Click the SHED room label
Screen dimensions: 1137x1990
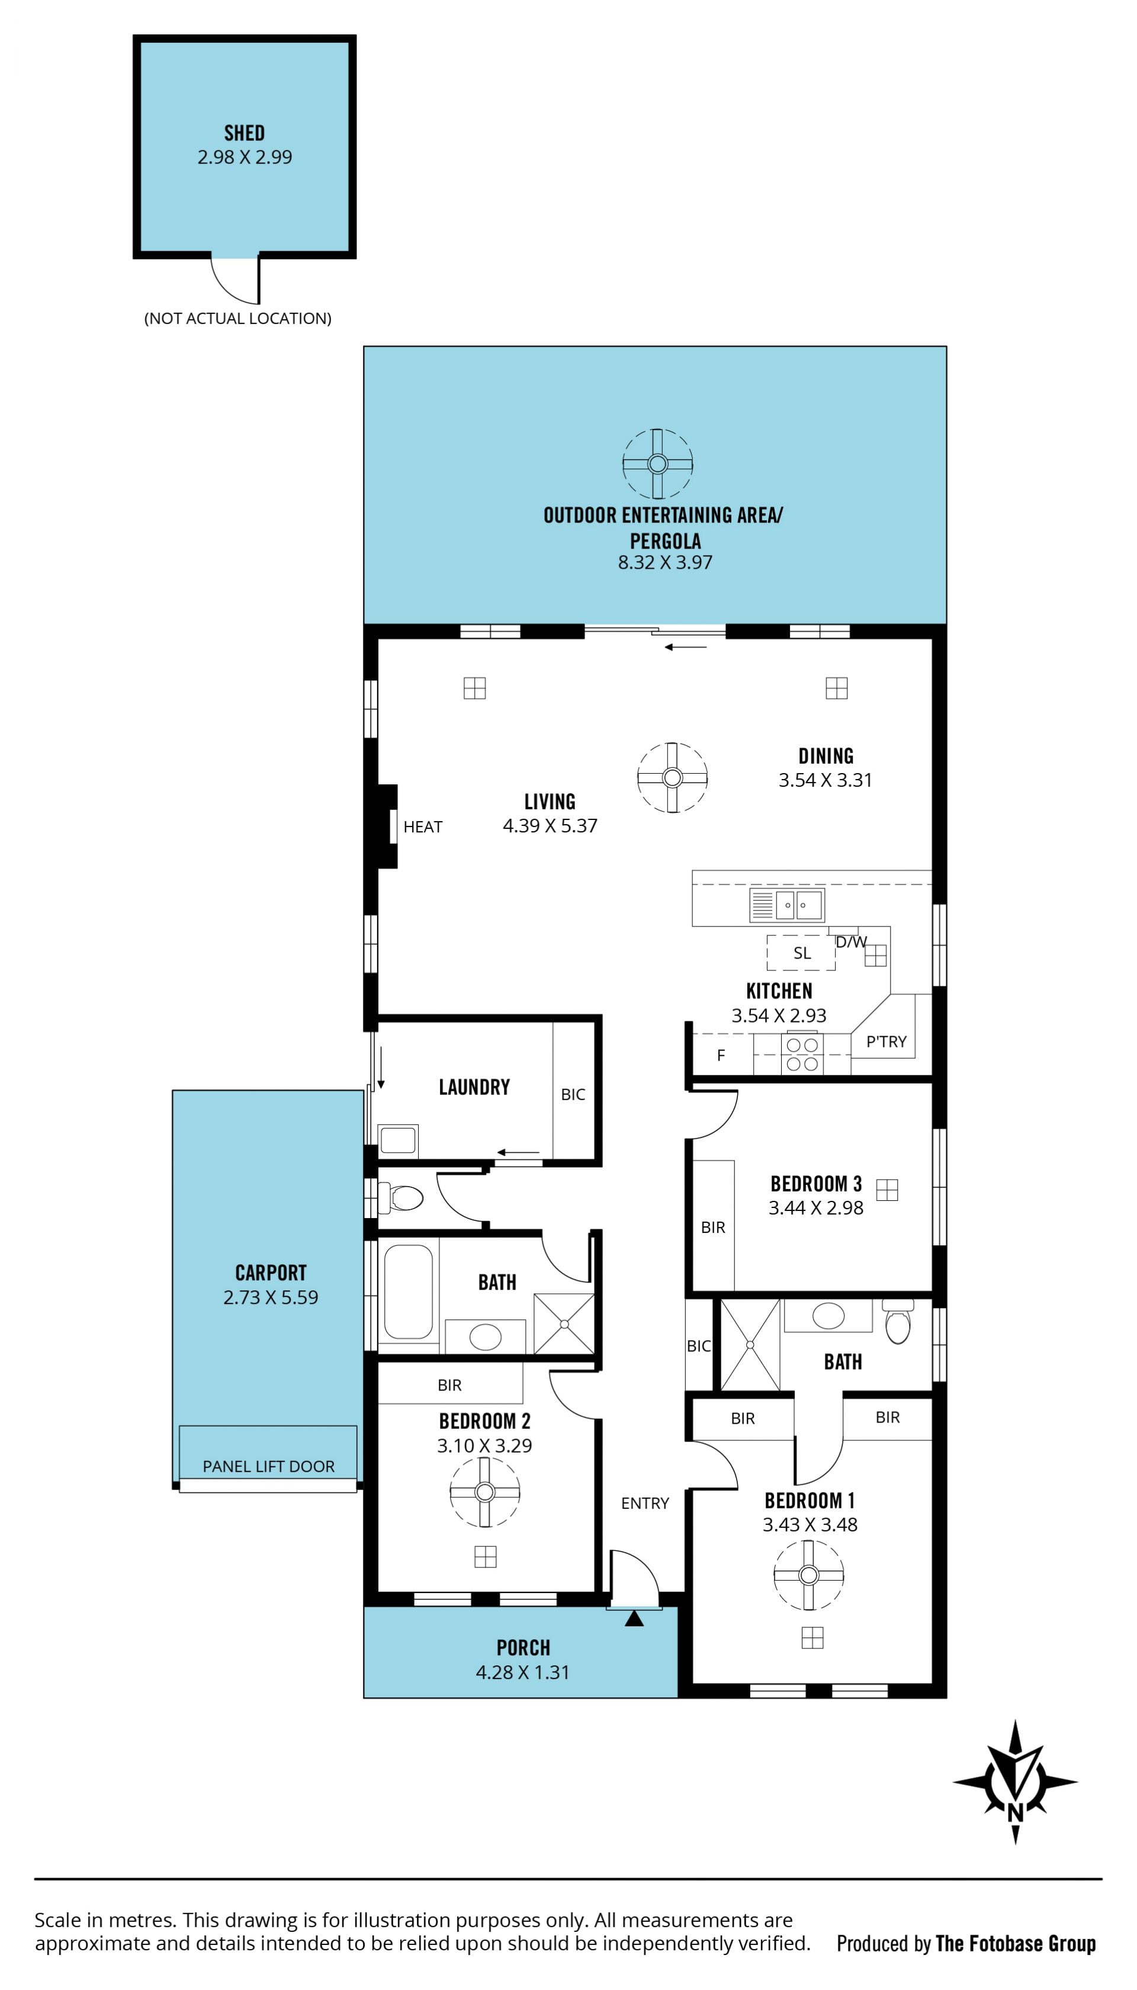(x=245, y=133)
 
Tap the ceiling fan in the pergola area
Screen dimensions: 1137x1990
(x=657, y=464)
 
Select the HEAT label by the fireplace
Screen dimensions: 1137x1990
(x=422, y=826)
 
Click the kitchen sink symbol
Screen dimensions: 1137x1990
(x=786, y=905)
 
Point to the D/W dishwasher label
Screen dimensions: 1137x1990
(x=850, y=942)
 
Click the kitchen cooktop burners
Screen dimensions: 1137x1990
(x=802, y=1053)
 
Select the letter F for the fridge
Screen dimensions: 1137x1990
(x=721, y=1055)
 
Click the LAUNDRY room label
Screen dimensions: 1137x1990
(x=474, y=1087)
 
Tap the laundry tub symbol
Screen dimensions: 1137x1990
(x=399, y=1141)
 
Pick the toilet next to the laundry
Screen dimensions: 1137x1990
(x=400, y=1197)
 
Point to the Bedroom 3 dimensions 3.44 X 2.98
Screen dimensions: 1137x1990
(x=816, y=1207)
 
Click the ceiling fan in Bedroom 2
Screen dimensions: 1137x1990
(x=485, y=1492)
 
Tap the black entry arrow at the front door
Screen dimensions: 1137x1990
(x=634, y=1618)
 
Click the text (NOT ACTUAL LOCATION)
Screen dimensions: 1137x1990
(x=237, y=318)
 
